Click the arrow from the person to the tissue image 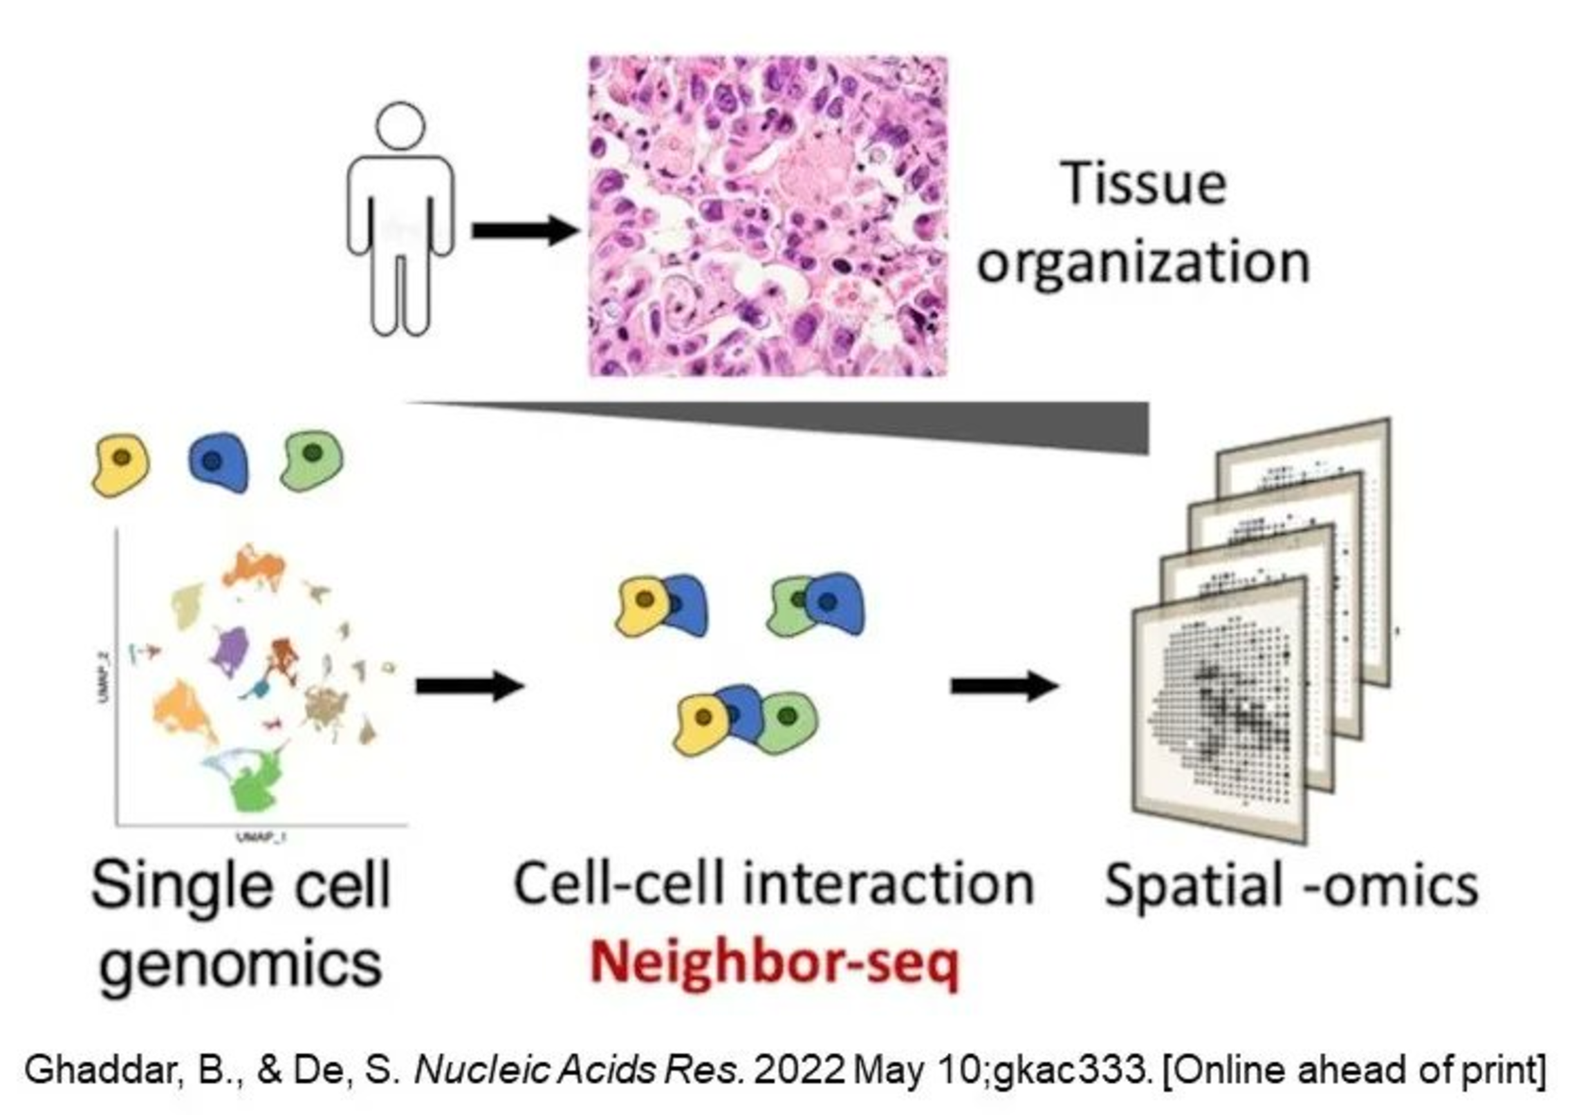click(x=524, y=231)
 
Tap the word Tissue click(x=1144, y=183)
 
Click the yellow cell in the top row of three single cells click(x=120, y=465)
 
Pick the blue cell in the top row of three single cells click(x=218, y=462)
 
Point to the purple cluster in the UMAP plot click(x=231, y=650)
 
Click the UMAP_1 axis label click(x=261, y=837)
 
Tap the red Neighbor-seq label click(x=775, y=964)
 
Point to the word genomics click(x=241, y=964)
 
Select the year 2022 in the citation click(x=799, y=1070)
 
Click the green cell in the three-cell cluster click(x=786, y=723)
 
